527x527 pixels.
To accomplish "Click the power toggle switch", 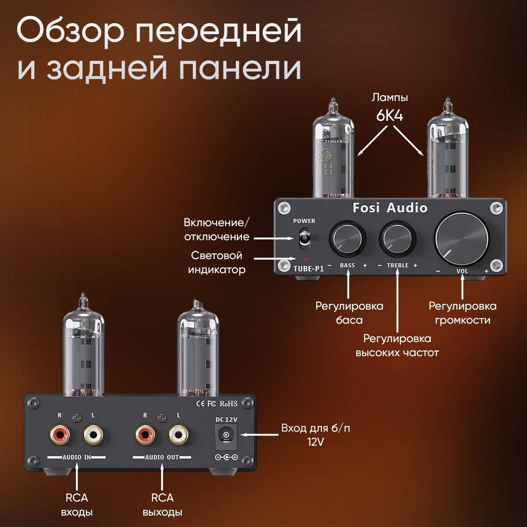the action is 302,238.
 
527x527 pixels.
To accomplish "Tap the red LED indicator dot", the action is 304,259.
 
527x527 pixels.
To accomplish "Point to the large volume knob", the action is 462,240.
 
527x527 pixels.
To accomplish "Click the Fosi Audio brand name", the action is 390,208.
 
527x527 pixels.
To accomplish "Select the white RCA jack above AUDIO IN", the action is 94,435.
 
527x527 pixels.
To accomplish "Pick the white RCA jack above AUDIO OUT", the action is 179,435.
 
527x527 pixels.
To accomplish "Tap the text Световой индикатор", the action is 217,263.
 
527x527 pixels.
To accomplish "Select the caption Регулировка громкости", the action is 462,313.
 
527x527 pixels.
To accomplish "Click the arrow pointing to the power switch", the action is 274,238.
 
